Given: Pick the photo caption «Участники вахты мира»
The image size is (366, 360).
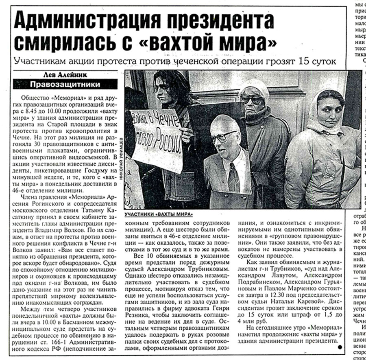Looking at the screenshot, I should (x=159, y=214).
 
